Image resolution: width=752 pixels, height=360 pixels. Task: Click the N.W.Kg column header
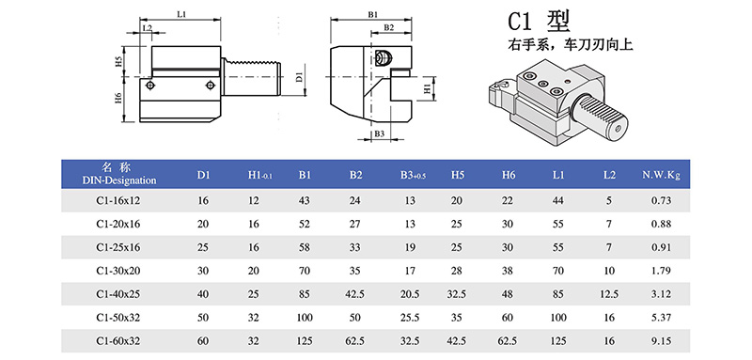(661, 176)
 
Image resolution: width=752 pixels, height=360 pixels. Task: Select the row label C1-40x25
(118, 294)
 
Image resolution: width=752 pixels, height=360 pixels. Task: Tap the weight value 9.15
(661, 341)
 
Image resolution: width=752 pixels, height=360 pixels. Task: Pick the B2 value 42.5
(355, 294)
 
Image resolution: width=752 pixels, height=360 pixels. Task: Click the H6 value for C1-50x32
(509, 318)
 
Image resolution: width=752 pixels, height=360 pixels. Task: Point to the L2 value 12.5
(609, 294)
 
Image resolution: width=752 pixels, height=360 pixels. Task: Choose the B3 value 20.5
(410, 294)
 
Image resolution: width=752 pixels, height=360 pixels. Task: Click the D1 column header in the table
(204, 176)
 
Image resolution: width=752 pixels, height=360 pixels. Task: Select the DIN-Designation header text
(119, 180)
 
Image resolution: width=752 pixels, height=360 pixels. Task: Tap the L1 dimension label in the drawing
(180, 15)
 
